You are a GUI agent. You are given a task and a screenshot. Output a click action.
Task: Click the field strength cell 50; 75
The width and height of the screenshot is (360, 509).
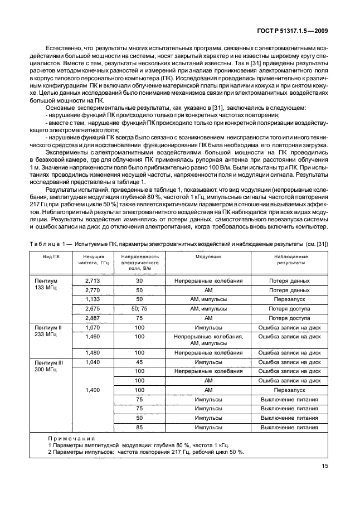pos(139,308)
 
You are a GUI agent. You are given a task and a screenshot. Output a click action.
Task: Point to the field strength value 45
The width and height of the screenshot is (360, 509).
pos(139,362)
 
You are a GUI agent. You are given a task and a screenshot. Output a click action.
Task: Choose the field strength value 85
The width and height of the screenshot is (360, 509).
pos(139,427)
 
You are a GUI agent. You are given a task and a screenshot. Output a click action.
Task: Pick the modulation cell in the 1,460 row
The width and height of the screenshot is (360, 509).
pos(208,340)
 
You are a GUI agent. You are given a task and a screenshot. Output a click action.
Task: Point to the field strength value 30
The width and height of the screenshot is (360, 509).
pos(139,282)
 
